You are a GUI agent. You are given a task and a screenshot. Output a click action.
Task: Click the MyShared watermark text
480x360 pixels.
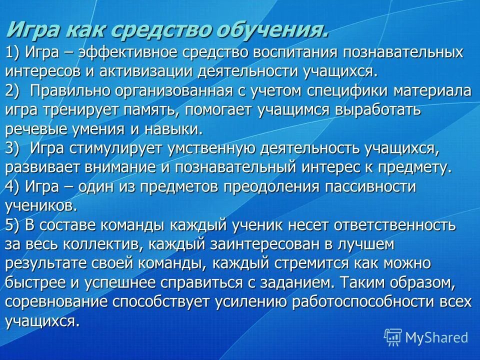pyautogui.click(x=436, y=337)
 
